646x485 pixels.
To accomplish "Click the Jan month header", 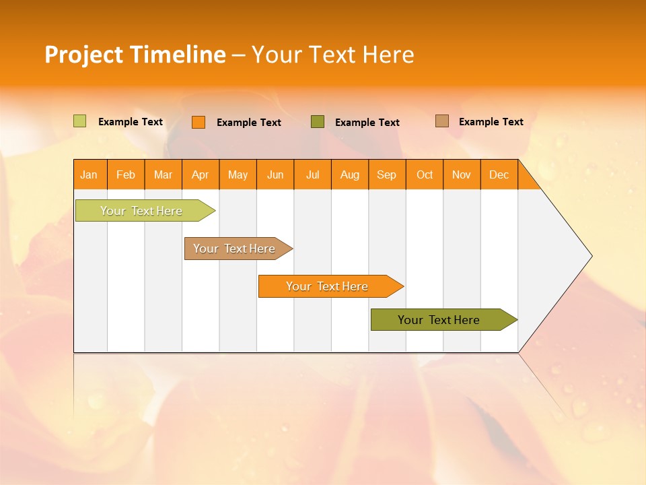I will click(89, 174).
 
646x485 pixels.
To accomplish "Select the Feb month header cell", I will click(126, 174).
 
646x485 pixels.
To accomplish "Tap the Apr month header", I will click(201, 174).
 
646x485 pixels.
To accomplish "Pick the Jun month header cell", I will click(275, 174).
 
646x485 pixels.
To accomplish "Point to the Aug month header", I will click(350, 174).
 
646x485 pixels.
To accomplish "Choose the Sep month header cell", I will click(387, 174).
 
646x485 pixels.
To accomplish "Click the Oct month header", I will click(425, 174).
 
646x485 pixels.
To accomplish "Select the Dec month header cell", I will click(499, 174).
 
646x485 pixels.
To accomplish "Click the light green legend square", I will click(80, 121).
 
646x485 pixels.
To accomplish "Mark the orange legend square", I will click(199, 122).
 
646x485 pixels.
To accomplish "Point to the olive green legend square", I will click(318, 122).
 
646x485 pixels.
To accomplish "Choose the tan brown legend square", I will click(442, 121).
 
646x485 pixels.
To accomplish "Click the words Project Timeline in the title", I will click(135, 55).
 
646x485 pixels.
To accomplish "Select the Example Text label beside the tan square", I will click(491, 122).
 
